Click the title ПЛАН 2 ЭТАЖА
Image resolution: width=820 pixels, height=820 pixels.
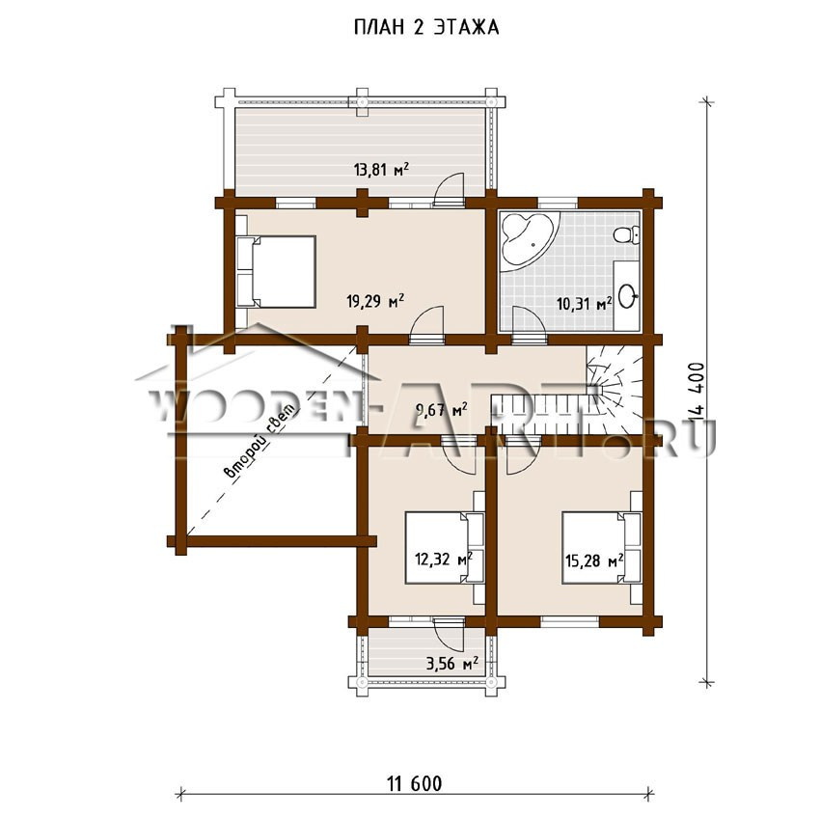[426, 28]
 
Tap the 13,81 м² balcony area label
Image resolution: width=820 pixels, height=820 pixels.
[381, 170]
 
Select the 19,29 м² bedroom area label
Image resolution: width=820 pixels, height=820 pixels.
[375, 301]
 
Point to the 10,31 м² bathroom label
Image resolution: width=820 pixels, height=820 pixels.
[585, 303]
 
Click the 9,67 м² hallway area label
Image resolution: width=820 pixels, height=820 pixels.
[442, 409]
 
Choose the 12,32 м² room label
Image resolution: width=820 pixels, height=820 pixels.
[444, 560]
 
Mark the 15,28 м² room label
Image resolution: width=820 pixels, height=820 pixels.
[594, 560]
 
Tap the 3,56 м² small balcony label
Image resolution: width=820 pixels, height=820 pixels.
[452, 664]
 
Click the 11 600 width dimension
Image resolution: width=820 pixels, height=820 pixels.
[415, 783]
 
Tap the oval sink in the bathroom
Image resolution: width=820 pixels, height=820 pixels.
[627, 296]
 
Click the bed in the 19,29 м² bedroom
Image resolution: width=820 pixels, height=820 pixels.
[276, 271]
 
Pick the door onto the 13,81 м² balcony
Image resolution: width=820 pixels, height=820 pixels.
[450, 188]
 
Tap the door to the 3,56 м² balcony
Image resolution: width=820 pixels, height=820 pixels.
[450, 634]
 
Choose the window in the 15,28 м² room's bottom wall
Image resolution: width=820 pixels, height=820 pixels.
[569, 621]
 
